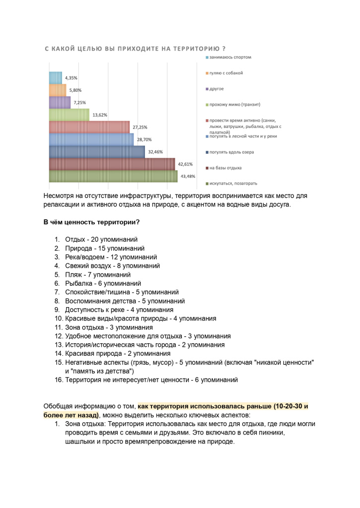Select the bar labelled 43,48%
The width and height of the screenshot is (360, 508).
113,177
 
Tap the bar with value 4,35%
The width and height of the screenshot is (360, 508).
55,78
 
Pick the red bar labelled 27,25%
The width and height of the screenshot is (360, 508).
89,127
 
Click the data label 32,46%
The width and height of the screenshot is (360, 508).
155,152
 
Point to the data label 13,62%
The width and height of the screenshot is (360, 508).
100,115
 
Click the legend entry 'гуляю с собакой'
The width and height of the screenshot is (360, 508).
226,73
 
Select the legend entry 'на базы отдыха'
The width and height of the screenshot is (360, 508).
225,168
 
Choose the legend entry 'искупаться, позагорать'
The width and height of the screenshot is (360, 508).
232,184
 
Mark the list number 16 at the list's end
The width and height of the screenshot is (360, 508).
58,380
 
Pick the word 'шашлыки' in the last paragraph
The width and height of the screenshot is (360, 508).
80,442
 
